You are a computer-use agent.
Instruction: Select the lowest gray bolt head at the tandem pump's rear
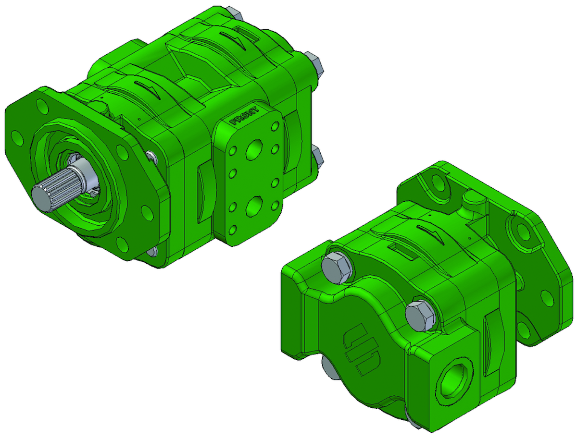[x=317, y=156]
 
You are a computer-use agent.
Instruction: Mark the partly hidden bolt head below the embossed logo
[x=329, y=370]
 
